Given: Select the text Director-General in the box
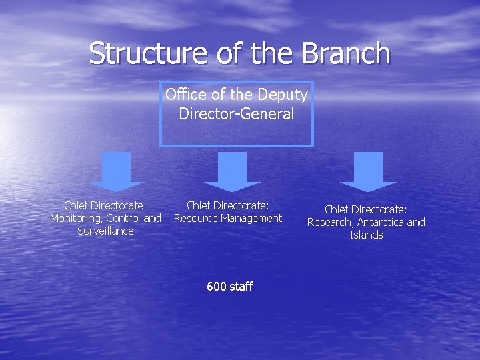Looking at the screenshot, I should click(236, 114).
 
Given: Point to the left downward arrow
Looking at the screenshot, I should click(117, 171).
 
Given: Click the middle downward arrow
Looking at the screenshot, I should click(232, 171).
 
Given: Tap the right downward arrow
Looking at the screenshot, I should click(368, 171).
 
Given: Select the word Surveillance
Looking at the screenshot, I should click(105, 231).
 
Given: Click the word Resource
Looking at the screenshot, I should click(196, 218).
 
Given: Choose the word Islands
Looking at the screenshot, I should click(366, 235).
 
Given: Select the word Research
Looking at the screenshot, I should click(329, 223).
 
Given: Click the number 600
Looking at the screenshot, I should click(216, 287).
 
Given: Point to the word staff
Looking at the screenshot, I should click(240, 287).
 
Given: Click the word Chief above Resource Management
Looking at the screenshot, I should click(199, 205).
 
